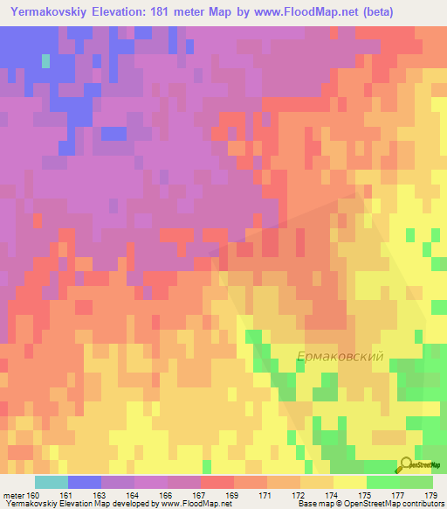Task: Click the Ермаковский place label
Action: (340, 358)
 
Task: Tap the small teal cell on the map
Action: (45, 61)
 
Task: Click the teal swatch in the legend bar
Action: (51, 482)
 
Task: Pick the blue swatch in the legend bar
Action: (85, 482)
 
